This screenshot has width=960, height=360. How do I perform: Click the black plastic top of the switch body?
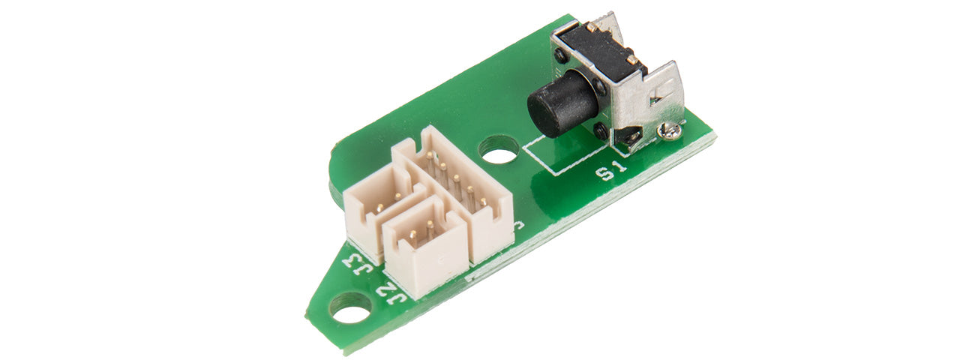coord(600,49)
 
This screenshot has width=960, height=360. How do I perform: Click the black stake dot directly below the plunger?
coord(601,130)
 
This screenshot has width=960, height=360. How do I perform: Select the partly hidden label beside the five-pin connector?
coord(519,224)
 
